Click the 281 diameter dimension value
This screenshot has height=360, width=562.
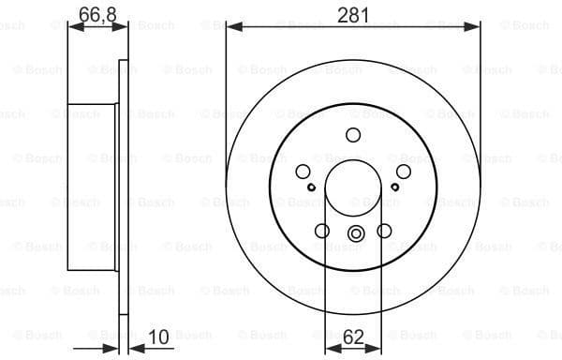(353, 14)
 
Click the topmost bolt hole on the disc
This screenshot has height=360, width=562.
(353, 134)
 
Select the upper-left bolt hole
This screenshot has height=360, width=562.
(303, 172)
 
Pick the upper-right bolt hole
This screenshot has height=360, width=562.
(404, 172)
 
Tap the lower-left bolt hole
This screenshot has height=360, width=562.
(322, 232)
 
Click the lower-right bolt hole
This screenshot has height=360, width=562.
(384, 232)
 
